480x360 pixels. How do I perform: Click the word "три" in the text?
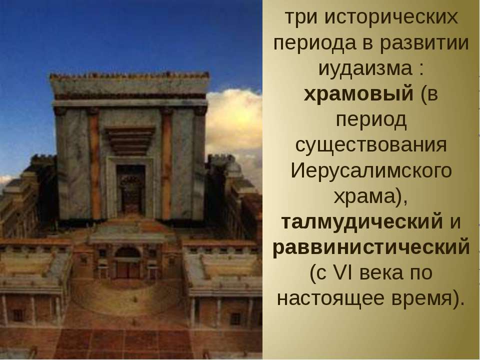click(301, 18)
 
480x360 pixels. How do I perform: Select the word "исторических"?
click(391, 18)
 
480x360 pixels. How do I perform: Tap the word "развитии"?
click(424, 43)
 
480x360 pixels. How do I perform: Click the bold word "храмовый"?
click(358, 94)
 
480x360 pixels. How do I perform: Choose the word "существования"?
click(371, 145)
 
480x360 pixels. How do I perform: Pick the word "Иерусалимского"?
click(371, 171)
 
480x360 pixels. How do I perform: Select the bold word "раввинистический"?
click(371, 247)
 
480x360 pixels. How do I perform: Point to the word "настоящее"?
click(330, 298)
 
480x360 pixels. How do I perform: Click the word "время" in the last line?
click(422, 298)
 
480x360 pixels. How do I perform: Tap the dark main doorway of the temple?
click(130, 190)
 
